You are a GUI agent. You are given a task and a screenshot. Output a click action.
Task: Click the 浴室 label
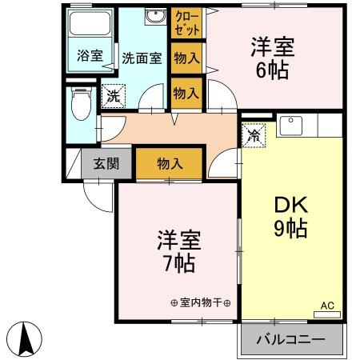click(90, 57)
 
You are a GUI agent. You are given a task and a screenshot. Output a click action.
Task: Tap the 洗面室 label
click(142, 58)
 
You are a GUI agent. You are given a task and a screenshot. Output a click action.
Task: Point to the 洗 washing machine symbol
click(114, 94)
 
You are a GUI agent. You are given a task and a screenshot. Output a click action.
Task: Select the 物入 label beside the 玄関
click(170, 164)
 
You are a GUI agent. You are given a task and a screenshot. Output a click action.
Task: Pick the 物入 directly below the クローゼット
click(186, 58)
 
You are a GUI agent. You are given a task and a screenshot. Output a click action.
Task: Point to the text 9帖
click(290, 229)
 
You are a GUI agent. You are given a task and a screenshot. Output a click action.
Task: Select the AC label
click(326, 305)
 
